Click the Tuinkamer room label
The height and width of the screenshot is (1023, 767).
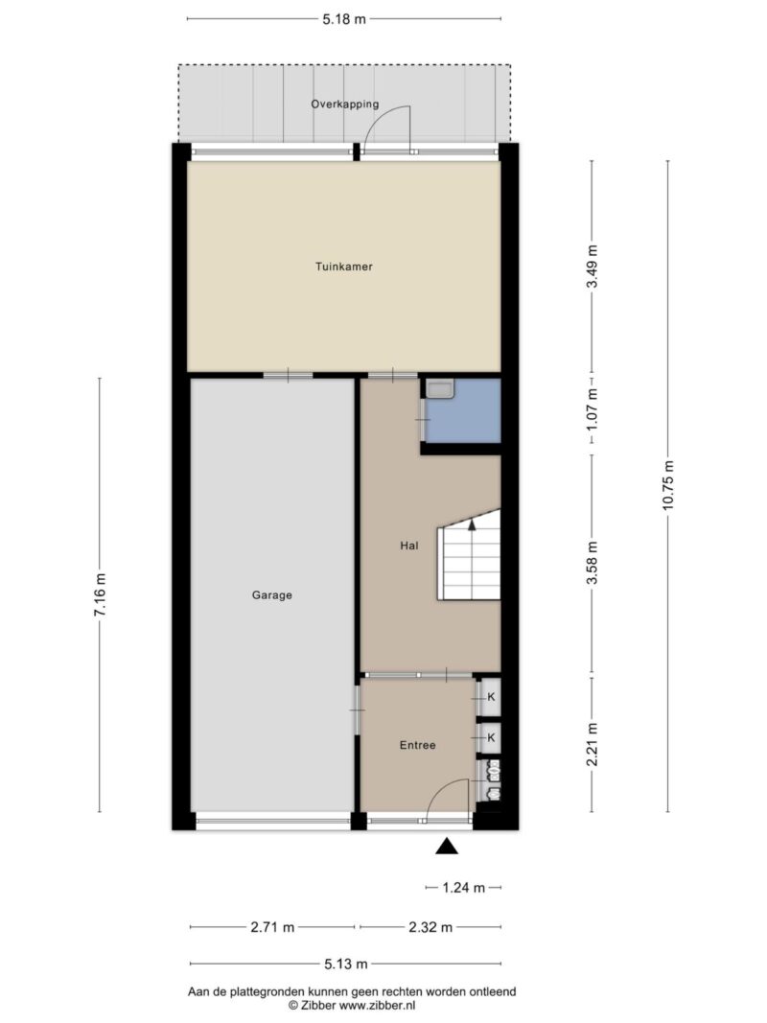click(x=344, y=267)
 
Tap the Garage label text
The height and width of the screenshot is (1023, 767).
click(x=272, y=595)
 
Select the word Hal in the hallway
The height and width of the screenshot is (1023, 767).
click(x=409, y=546)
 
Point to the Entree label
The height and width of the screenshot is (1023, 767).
click(x=417, y=745)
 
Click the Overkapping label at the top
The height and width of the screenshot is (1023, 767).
click(x=344, y=104)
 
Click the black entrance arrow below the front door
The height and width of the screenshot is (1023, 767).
click(x=447, y=847)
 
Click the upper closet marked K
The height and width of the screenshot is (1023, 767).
click(x=490, y=697)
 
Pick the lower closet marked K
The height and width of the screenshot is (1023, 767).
click(x=490, y=738)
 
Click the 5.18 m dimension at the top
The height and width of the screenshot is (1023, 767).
click(x=344, y=19)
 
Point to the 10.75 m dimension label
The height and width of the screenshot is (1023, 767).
click(x=668, y=485)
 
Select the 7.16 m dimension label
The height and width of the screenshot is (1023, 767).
click(x=100, y=594)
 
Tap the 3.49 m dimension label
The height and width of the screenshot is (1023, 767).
click(x=592, y=267)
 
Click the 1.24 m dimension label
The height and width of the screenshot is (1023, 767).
click(x=464, y=887)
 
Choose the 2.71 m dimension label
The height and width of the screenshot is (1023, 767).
click(x=272, y=926)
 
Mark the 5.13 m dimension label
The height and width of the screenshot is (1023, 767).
click(x=346, y=964)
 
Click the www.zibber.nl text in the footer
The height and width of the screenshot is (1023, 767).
click(x=373, y=1006)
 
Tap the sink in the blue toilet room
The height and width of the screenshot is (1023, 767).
click(x=440, y=389)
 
